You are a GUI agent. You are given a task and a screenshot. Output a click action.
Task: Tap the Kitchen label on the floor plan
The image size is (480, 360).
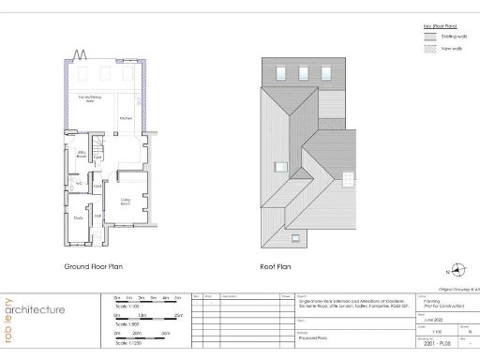pos(127,118)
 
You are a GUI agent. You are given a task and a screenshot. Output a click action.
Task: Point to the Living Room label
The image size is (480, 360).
pos(125,200)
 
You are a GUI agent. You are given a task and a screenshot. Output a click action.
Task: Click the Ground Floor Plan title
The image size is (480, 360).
pos(94,267)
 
